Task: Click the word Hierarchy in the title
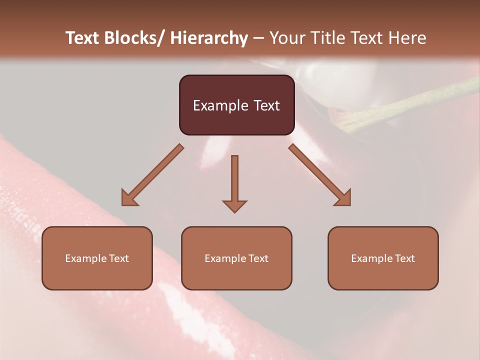[209, 38]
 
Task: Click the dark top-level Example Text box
[236, 105]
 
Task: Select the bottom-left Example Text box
[97, 258]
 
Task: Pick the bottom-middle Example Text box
[236, 258]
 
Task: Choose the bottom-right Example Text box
[383, 258]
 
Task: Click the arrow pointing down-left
[152, 175]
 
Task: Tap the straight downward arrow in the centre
[234, 183]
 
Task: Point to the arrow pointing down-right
[320, 175]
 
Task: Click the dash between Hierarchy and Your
[258, 38]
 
